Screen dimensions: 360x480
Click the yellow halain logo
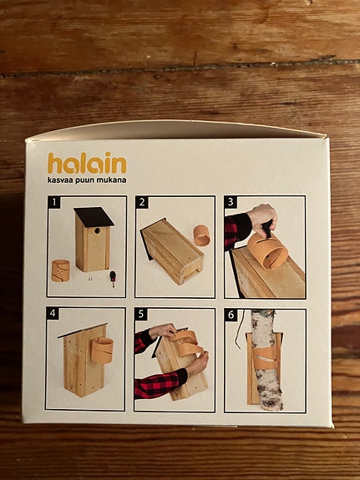click(87, 163)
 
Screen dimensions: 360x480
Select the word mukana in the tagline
click(111, 179)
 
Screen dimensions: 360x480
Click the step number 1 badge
click(54, 202)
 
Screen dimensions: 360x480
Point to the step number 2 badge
click(142, 202)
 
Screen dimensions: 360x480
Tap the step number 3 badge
click(231, 202)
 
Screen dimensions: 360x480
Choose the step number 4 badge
click(53, 314)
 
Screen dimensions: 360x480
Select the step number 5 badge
click(141, 314)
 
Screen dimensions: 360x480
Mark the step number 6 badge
click(231, 315)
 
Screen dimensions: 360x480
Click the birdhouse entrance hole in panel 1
click(97, 230)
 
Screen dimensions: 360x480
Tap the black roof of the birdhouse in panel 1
click(94, 217)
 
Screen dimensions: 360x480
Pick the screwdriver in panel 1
click(113, 279)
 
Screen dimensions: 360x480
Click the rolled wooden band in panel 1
click(60, 270)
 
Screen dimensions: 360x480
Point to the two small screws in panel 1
click(90, 279)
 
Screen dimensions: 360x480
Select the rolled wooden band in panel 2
click(201, 235)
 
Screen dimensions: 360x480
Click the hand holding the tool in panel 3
click(262, 218)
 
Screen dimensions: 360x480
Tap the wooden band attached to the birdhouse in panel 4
click(102, 350)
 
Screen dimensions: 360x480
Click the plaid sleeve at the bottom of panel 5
click(159, 383)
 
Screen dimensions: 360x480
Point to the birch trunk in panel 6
click(266, 360)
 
